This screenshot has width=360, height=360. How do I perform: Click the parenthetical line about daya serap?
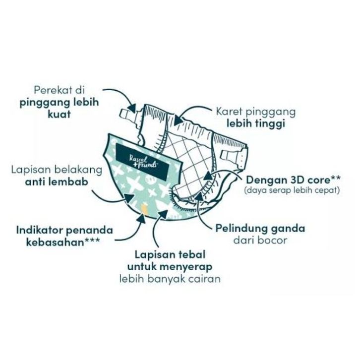click(292, 189)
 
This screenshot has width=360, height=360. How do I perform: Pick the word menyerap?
click(189, 266)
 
